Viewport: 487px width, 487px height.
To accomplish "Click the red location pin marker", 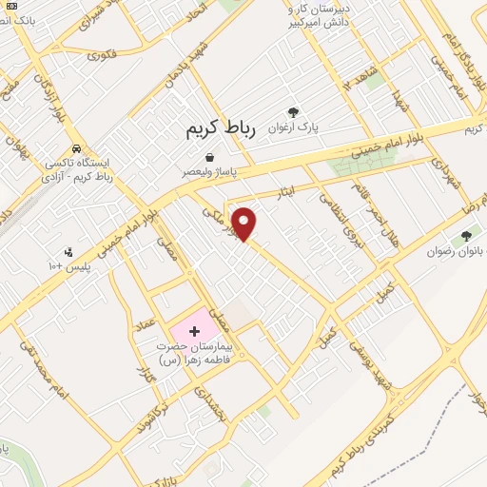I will click(x=244, y=223).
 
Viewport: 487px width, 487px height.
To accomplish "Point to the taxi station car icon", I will click(x=76, y=149).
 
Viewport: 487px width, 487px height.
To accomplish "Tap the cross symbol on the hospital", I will click(x=195, y=331).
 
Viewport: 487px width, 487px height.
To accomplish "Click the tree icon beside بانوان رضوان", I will click(x=466, y=236).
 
